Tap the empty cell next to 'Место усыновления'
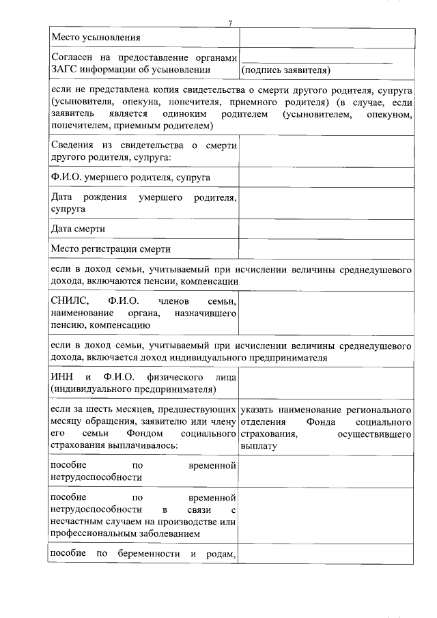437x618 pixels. pyautogui.click(x=326, y=38)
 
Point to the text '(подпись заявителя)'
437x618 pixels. pyautogui.click(x=285, y=69)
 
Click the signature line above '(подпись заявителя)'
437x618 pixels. pyautogui.click(x=317, y=61)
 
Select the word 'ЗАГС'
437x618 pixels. pyautogui.click(x=66, y=69)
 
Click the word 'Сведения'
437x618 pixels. pyautogui.click(x=73, y=145)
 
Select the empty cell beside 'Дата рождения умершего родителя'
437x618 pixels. pyautogui.click(x=326, y=203)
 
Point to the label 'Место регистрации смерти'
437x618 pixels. pyautogui.click(x=111, y=249)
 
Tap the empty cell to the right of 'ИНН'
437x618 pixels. pyautogui.click(x=326, y=382)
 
